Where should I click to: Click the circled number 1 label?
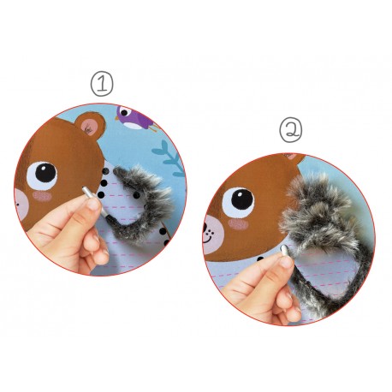[102, 84]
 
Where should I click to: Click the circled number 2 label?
[290, 130]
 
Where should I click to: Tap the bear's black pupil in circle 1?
[45, 173]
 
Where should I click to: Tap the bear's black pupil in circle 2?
[242, 199]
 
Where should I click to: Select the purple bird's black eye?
[124, 112]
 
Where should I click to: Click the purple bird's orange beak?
[116, 117]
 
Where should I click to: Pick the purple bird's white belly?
[133, 125]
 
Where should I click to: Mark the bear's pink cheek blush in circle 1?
[42, 196]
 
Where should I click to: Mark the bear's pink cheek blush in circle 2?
[238, 224]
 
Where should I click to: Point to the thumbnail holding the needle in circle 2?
[286, 262]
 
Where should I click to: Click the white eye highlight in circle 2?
[239, 195]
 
